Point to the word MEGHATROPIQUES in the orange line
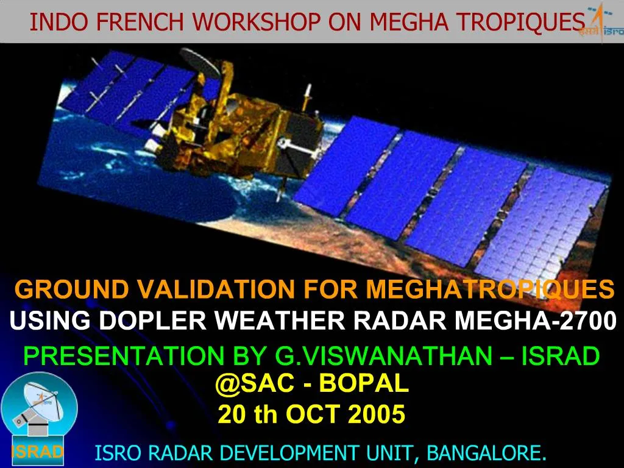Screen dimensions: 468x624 point(490,289)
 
